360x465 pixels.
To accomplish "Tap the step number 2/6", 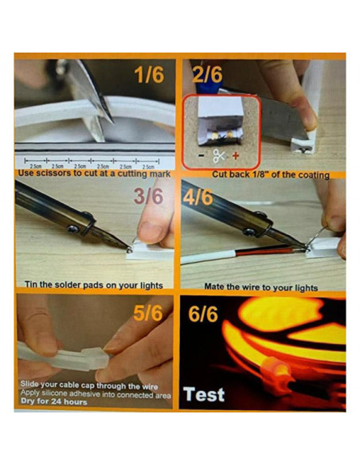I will (208, 76).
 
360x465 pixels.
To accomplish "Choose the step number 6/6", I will (204, 313).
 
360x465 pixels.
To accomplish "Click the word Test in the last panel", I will (204, 394).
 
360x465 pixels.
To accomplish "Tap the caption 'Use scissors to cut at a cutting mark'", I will (96, 173).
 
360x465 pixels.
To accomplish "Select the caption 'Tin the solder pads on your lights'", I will (95, 285).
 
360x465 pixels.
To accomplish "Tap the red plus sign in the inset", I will (235, 156).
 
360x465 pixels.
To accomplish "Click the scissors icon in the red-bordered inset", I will (218, 156).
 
